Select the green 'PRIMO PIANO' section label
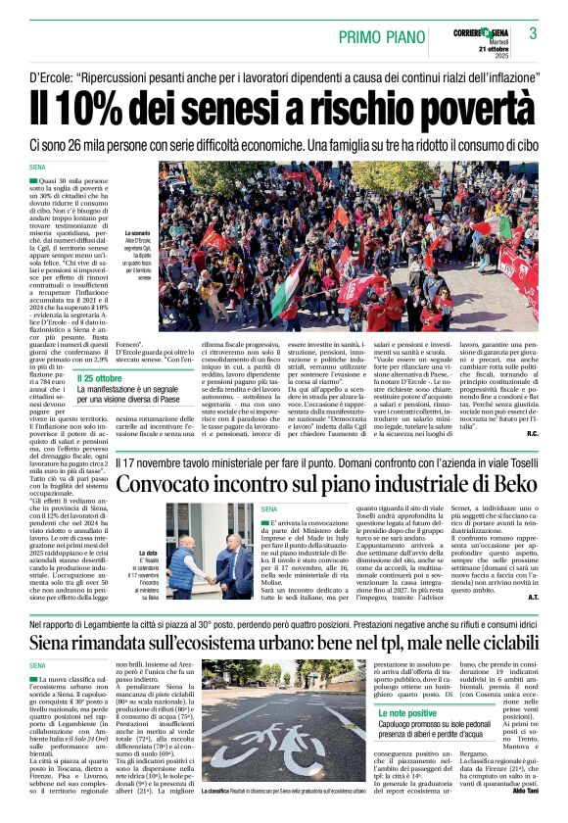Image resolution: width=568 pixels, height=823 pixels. pyautogui.click(x=380, y=37)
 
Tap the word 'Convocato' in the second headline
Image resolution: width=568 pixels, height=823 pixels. pyautogui.click(x=166, y=484)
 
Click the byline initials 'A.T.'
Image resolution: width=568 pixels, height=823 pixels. pyautogui.click(x=532, y=596)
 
